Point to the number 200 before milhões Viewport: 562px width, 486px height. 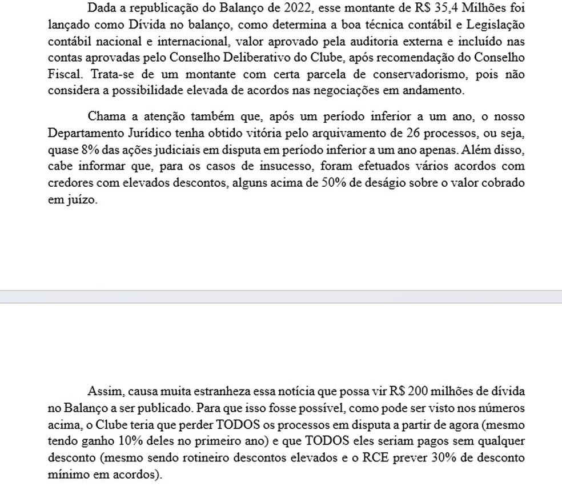[x=414, y=392]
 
